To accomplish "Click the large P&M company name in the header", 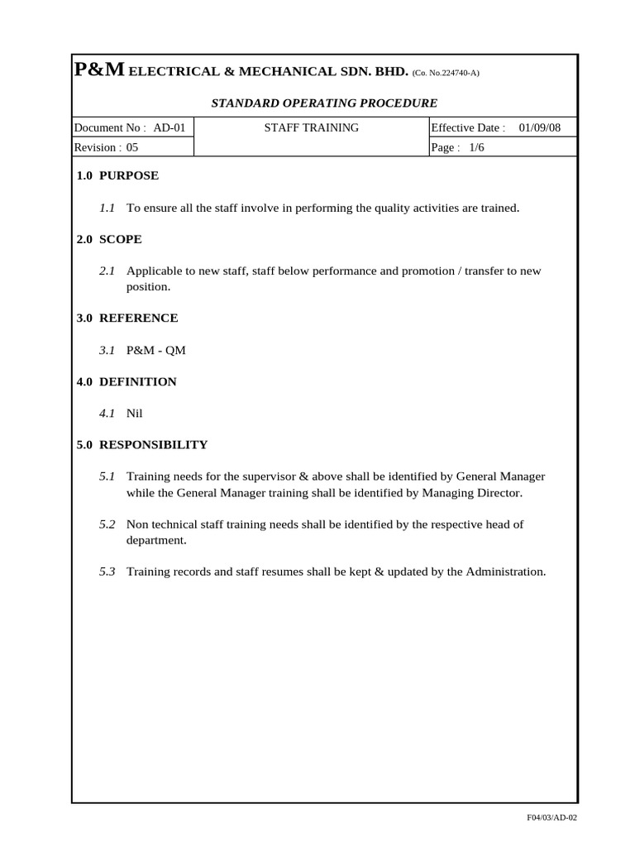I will pyautogui.click(x=100, y=71).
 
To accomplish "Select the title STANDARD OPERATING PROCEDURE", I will pyautogui.click(x=324, y=103).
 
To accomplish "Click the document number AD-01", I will pyautogui.click(x=169, y=127).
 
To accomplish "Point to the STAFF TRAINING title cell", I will pyautogui.click(x=311, y=127).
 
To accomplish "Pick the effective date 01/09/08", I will pyautogui.click(x=540, y=127).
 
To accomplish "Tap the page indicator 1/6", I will pyautogui.click(x=475, y=147).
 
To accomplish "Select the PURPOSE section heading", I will pyautogui.click(x=128, y=175).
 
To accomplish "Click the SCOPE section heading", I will pyautogui.click(x=120, y=239).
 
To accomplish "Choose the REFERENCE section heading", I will pyautogui.click(x=138, y=318).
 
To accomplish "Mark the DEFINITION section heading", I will pyautogui.click(x=137, y=381).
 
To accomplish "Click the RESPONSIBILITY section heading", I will pyautogui.click(x=153, y=445).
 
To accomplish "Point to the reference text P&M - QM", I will pyautogui.click(x=155, y=350).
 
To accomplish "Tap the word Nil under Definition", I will pyautogui.click(x=135, y=414).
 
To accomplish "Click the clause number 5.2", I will pyautogui.click(x=107, y=524).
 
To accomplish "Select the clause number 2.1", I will pyautogui.click(x=107, y=271).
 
